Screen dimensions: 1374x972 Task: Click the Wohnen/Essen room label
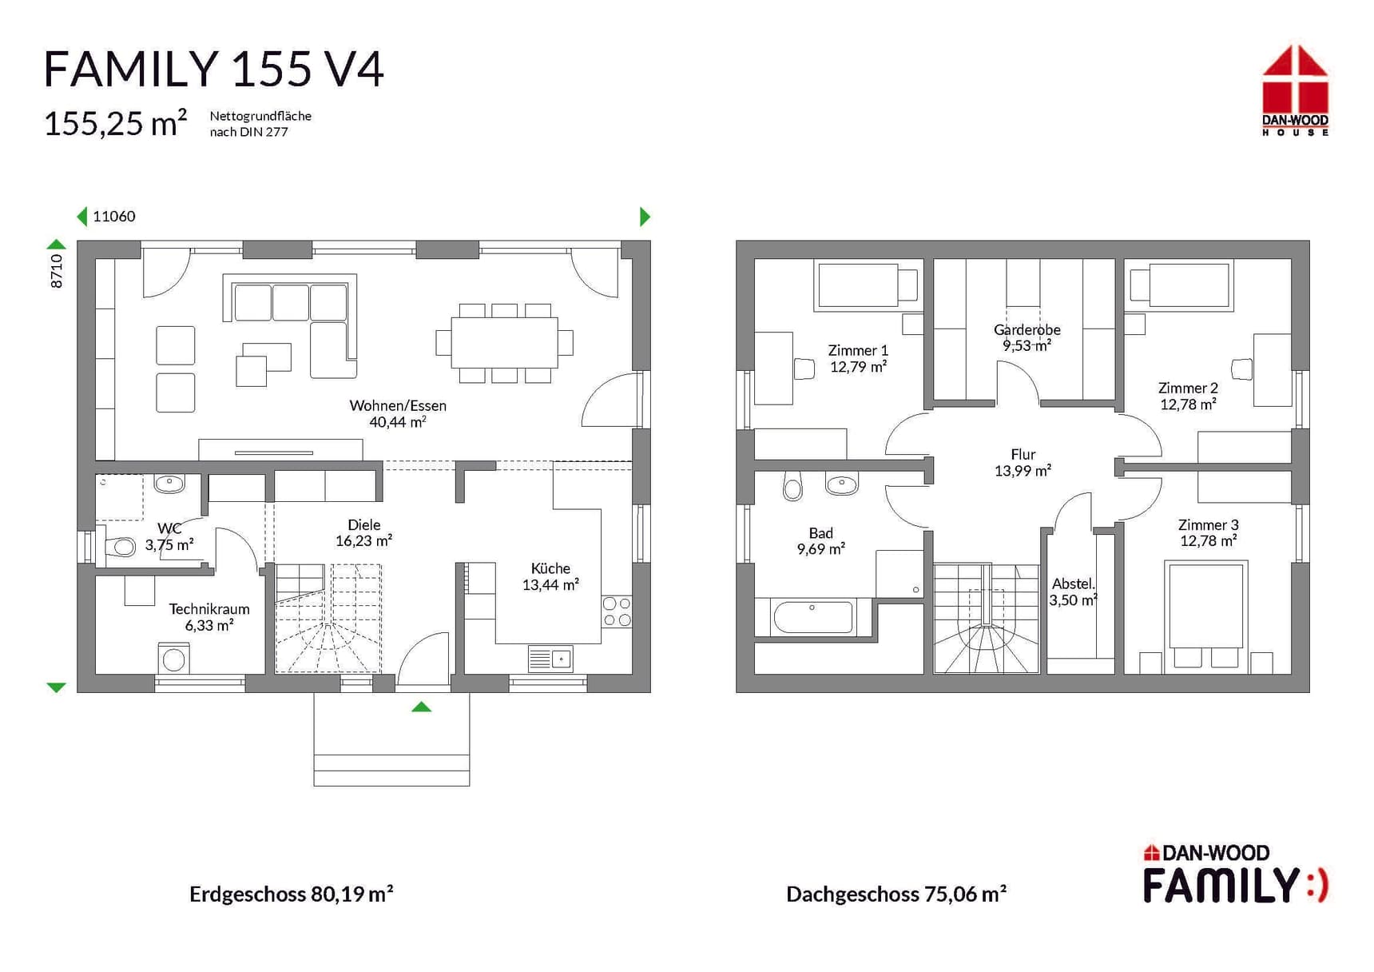[x=398, y=405]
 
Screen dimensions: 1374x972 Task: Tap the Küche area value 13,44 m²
[x=550, y=584]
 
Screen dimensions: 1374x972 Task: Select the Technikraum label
[x=209, y=609]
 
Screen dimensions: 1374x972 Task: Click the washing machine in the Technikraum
[x=174, y=659]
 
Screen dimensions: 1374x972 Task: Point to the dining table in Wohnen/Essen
[x=504, y=343]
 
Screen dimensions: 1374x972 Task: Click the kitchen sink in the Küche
[x=550, y=659]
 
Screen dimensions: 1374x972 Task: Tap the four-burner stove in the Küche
[x=617, y=611]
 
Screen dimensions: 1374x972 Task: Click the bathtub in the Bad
[x=813, y=617]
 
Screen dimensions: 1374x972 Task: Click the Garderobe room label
[x=1027, y=329]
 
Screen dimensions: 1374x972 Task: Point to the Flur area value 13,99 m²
[x=1023, y=471]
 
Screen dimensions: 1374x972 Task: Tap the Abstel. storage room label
[x=1073, y=584]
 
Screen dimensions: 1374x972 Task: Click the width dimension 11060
[x=114, y=216]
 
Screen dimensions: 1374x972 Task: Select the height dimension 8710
[x=56, y=271]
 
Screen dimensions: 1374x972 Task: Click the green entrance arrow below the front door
[x=422, y=707]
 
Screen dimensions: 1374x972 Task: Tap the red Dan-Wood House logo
[x=1295, y=90]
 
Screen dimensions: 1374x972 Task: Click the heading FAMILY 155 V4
[x=214, y=69]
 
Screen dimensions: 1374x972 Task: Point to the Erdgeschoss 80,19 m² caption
[x=292, y=894]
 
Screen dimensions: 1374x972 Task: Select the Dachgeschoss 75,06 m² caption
[x=896, y=894]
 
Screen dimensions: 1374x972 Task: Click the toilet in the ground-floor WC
[x=120, y=547]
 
